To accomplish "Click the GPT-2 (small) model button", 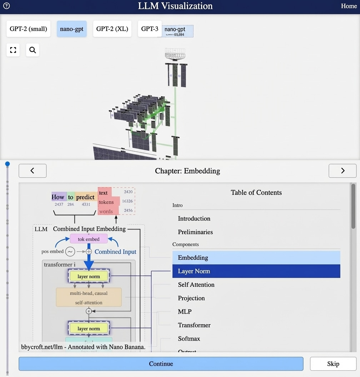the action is point(28,29).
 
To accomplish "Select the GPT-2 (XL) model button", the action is point(112,29).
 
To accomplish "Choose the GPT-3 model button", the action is point(150,29).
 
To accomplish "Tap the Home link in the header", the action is point(349,6).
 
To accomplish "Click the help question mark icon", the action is point(6,6).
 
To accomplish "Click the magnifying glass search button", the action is point(32,50).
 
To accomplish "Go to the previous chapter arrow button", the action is point(32,171).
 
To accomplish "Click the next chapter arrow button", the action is point(342,171).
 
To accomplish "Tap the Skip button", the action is point(333,364).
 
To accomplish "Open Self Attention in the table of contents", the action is point(196,285).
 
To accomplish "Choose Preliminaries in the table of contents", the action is point(195,232).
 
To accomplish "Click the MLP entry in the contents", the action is point(185,312).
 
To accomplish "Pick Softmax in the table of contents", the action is point(189,338).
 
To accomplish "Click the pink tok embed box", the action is point(89,239).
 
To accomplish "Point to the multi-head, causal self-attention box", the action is point(89,297).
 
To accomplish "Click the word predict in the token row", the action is point(85,197).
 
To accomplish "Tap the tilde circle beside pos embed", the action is point(70,252).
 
